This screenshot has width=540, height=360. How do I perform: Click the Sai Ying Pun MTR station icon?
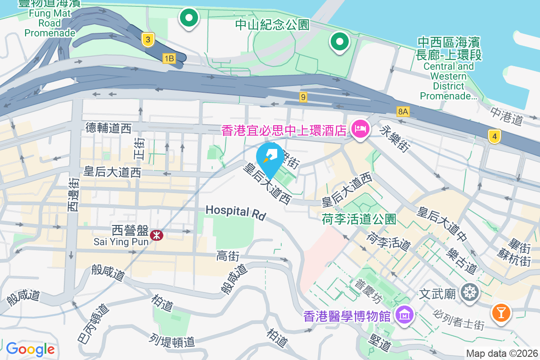coord(157,234)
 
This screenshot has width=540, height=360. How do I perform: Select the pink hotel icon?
coord(360,130)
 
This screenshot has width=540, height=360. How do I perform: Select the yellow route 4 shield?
coord(494,136)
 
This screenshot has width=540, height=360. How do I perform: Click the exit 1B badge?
coord(169,58)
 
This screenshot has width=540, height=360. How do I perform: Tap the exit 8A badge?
coord(403,111)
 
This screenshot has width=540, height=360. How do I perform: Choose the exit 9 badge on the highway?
coord(304,97)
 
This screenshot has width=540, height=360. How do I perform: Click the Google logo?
coord(30,349)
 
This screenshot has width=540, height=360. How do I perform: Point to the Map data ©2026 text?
coord(501,353)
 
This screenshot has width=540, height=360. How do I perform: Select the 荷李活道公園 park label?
coord(359,219)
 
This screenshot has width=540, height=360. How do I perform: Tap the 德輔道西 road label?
coord(108,129)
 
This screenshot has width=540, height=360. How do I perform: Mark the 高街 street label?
coord(228,256)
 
